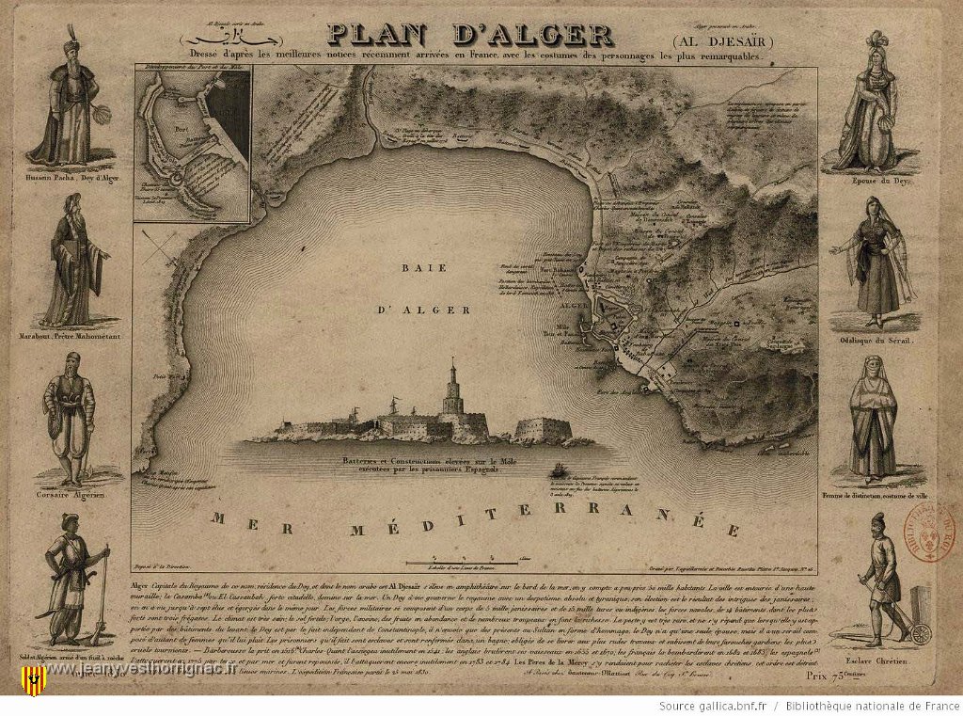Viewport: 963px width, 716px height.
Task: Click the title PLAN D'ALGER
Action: pyautogui.click(x=470, y=34)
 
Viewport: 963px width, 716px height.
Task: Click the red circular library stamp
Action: pyautogui.click(x=936, y=533)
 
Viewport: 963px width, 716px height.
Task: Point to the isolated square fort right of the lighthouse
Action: pyautogui.click(x=544, y=430)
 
